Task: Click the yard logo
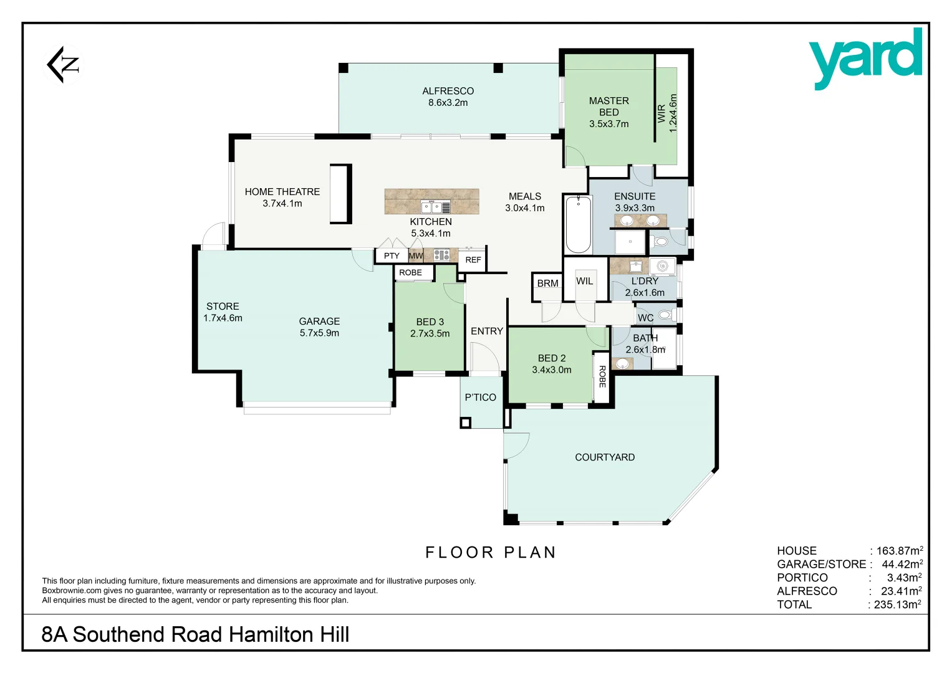(865, 57)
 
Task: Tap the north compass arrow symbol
(64, 64)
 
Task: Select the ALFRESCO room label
(448, 91)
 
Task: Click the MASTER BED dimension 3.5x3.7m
(608, 124)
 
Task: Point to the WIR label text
(661, 113)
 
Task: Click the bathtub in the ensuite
(578, 224)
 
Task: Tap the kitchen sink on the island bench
(435, 207)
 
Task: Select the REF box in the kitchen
(473, 260)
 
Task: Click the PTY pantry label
(392, 256)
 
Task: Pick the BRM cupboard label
(547, 284)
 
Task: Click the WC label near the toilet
(645, 318)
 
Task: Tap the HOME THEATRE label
(282, 192)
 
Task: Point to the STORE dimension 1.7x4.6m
(223, 318)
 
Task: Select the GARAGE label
(319, 322)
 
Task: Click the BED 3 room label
(430, 322)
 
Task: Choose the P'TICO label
(480, 398)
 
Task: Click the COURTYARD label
(604, 457)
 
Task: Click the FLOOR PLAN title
(491, 553)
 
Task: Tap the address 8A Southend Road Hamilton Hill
(195, 634)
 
